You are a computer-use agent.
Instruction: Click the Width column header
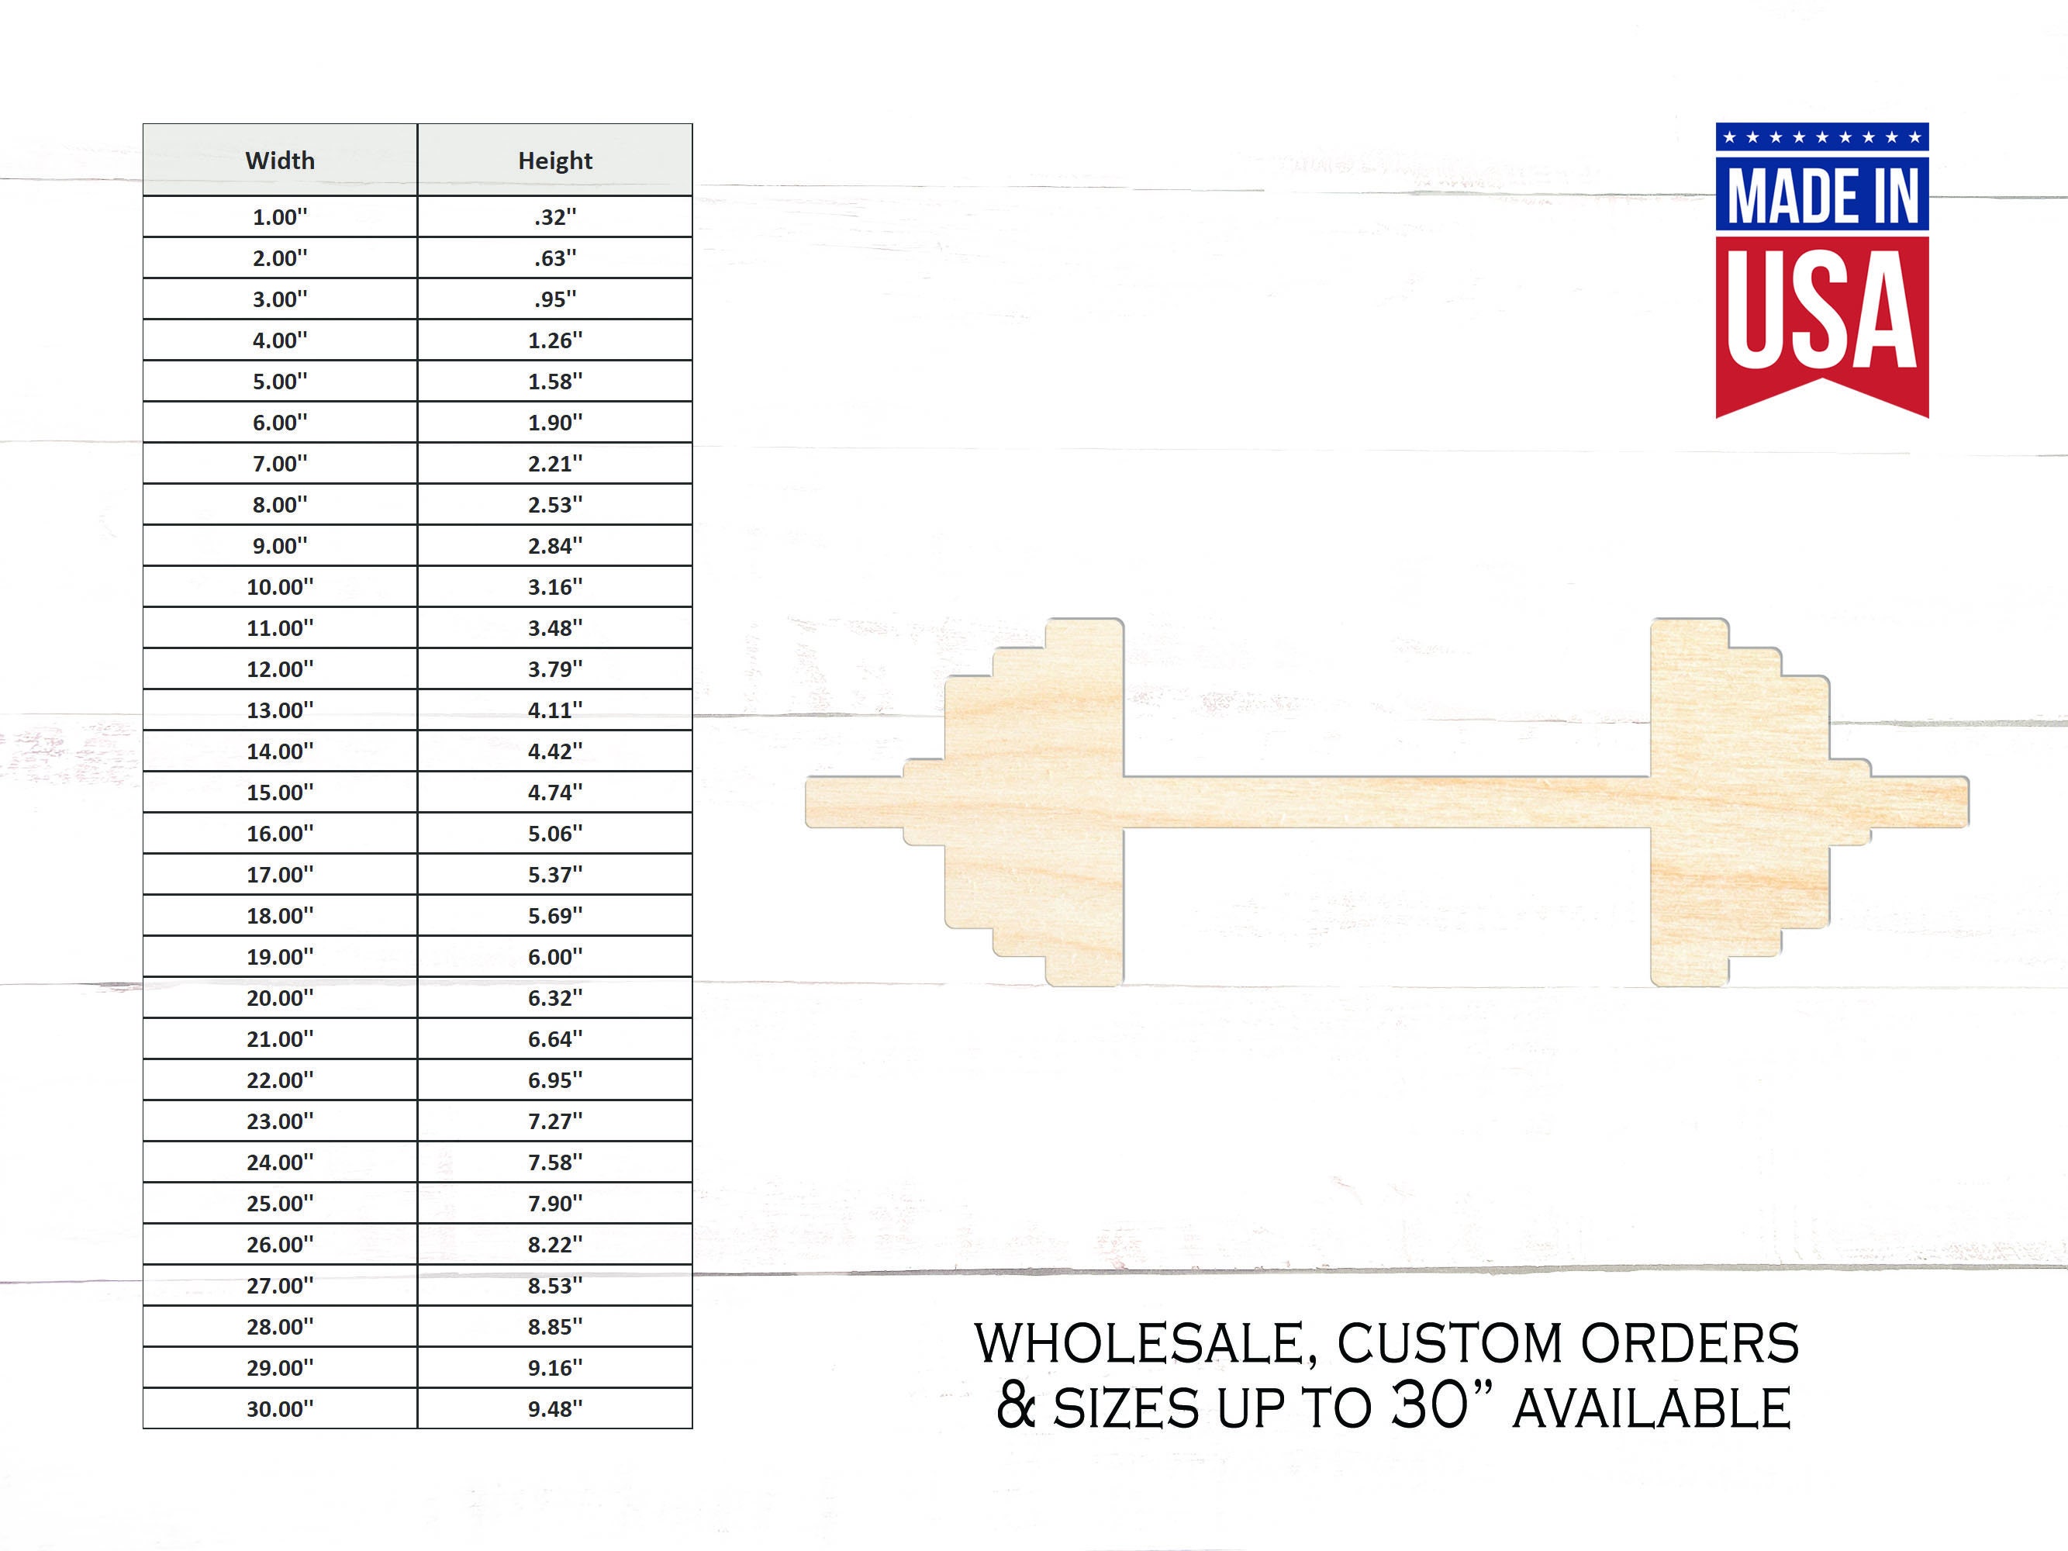pos(280,161)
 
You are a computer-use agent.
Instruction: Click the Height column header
pos(554,161)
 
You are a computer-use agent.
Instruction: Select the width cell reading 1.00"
pos(280,217)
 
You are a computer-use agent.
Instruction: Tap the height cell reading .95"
pos(554,299)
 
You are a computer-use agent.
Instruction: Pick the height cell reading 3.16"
pos(554,587)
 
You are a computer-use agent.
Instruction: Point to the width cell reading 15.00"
pos(280,793)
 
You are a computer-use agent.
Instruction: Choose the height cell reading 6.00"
pos(554,957)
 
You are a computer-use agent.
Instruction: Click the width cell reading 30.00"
pos(280,1409)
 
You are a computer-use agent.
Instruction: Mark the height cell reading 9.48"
pos(554,1409)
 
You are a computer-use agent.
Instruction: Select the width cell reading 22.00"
pos(280,1081)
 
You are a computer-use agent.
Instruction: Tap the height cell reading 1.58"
pos(554,382)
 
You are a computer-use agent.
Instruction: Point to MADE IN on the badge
pos(1821,195)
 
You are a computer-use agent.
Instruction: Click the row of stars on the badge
pos(1821,137)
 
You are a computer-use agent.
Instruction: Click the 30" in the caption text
pos(1440,1405)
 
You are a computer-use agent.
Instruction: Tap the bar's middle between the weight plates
pos(1386,802)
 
